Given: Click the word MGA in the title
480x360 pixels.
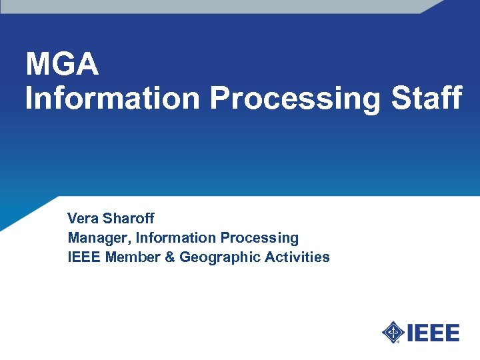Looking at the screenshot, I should coord(62,65).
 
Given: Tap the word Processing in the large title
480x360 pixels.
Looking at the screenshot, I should coord(295,99).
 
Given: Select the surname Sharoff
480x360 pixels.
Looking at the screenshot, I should coord(129,218).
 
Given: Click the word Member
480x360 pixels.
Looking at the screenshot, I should coord(133,257).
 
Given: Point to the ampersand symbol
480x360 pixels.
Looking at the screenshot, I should coord(169,257).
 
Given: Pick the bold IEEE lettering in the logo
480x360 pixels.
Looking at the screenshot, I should coord(433,332).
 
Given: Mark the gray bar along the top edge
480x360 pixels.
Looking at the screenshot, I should coord(213,6).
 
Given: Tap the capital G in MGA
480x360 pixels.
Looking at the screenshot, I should coord(62,65).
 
